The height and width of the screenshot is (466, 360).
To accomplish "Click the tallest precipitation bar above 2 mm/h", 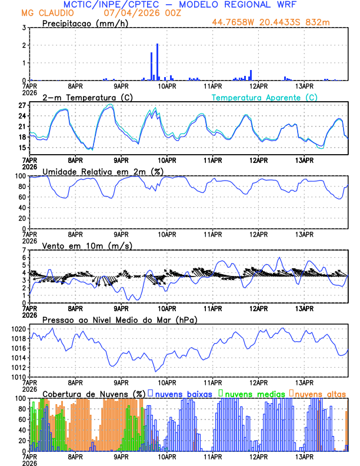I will (x=158, y=62).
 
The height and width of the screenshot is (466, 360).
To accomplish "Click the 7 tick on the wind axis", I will (x=25, y=251).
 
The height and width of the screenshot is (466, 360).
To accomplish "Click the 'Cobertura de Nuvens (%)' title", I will (x=94, y=393).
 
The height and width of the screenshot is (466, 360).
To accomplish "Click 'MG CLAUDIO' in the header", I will (x=45, y=12).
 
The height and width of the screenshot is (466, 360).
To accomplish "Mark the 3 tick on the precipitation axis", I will (x=25, y=28).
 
